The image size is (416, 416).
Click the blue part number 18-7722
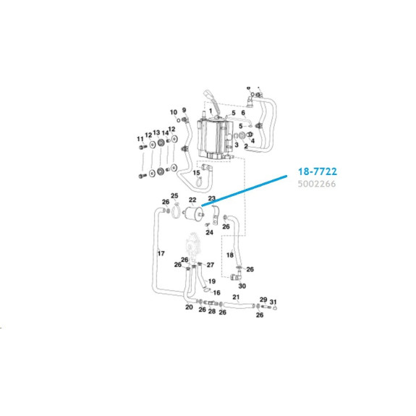[x=318, y=171]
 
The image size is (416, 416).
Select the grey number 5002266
[x=316, y=184]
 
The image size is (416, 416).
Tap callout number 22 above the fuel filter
[x=192, y=200]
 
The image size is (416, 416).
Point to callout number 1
[x=211, y=111]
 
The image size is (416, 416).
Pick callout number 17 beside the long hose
[x=161, y=254]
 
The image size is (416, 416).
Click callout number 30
[x=242, y=286]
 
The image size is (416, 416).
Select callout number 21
[x=236, y=297]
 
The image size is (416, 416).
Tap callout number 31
[x=273, y=302]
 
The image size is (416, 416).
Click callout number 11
[x=140, y=139]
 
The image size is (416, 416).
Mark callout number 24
[x=209, y=232]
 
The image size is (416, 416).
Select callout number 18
[x=230, y=255]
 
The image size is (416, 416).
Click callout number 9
[x=184, y=110]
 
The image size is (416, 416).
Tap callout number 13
[x=156, y=132]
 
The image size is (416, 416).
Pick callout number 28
[x=212, y=311]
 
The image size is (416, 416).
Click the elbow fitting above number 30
[x=235, y=277]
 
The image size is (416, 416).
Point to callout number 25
[x=174, y=196]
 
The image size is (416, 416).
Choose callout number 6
[x=243, y=113]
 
